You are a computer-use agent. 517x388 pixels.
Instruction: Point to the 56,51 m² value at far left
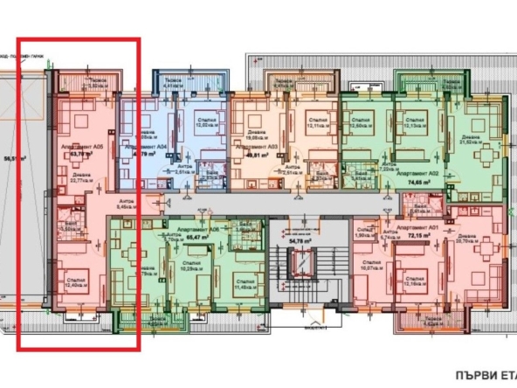tap(11, 158)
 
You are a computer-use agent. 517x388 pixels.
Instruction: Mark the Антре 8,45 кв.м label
tap(126, 204)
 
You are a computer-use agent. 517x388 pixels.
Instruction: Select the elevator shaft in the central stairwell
tap(301, 262)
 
